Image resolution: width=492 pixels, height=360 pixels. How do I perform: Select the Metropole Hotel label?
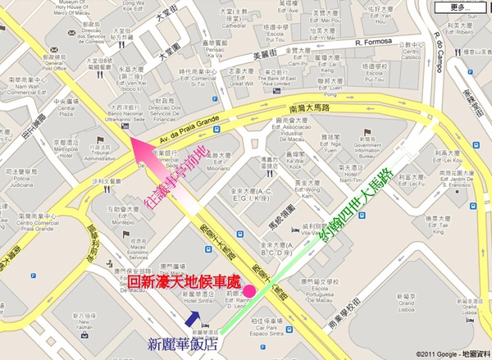65,150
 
